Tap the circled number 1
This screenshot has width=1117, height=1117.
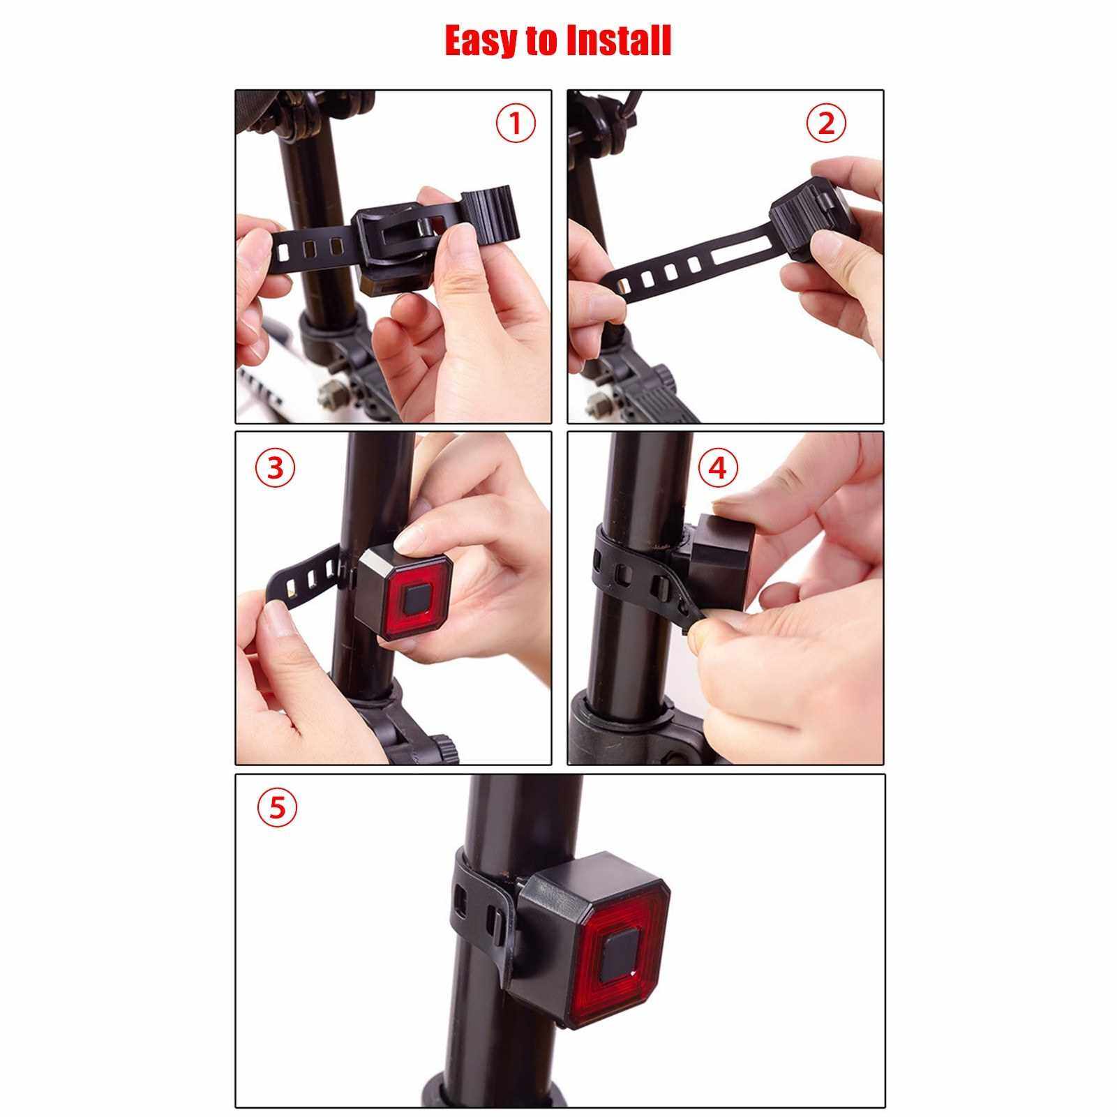(516, 123)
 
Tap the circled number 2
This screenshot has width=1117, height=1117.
(826, 123)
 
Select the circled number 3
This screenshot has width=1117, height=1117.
(276, 467)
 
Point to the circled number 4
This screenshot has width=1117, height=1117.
(717, 467)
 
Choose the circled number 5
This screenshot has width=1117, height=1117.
(277, 807)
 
